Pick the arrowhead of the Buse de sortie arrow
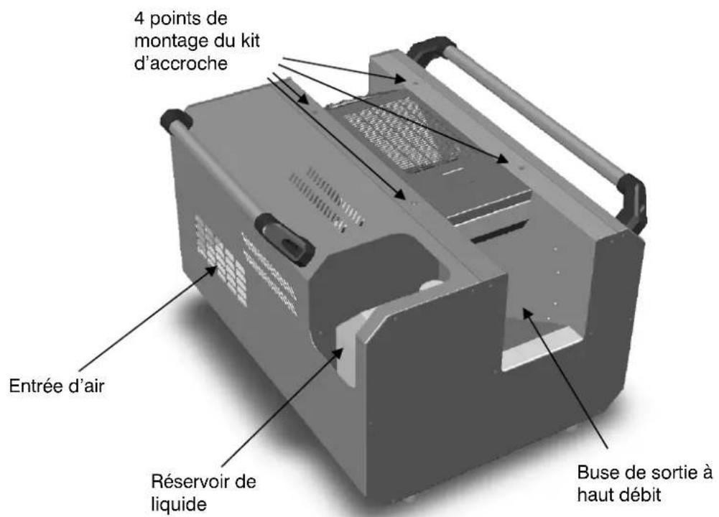point(527,311)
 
